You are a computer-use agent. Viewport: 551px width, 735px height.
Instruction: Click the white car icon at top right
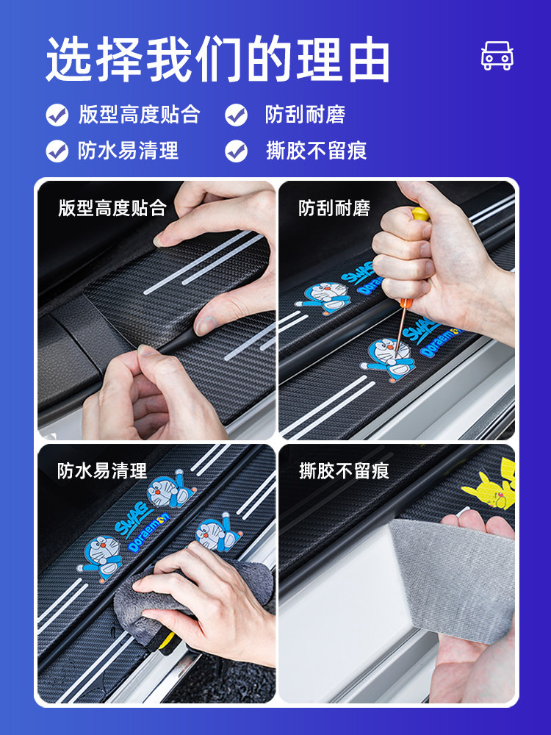497,56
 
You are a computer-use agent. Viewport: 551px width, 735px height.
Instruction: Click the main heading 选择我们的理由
218,60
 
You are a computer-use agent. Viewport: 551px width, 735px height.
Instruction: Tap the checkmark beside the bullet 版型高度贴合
57,115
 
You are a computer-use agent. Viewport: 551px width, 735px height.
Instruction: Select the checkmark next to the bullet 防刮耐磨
236,115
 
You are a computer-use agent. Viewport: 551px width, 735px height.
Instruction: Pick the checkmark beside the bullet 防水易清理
57,151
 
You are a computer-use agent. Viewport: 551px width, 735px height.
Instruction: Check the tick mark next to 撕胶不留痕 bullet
236,151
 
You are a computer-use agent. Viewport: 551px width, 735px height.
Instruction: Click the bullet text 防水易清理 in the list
128,151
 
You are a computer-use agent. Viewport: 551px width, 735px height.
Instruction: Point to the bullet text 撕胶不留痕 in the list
316,151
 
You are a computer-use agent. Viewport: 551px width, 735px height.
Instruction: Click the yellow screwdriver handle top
419,214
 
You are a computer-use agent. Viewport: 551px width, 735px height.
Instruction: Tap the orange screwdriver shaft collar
405,304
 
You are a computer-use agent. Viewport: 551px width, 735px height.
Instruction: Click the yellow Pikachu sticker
489,486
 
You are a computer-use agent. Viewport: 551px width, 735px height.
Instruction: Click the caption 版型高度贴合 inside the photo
112,208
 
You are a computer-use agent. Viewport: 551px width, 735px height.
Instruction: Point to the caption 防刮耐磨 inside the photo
334,208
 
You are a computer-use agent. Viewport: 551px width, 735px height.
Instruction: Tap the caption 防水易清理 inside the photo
102,470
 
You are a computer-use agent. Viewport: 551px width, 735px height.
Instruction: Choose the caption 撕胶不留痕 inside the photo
344,470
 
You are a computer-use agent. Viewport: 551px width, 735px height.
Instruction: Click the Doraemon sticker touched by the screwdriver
389,359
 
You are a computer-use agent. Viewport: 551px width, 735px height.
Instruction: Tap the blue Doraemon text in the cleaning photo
148,532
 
